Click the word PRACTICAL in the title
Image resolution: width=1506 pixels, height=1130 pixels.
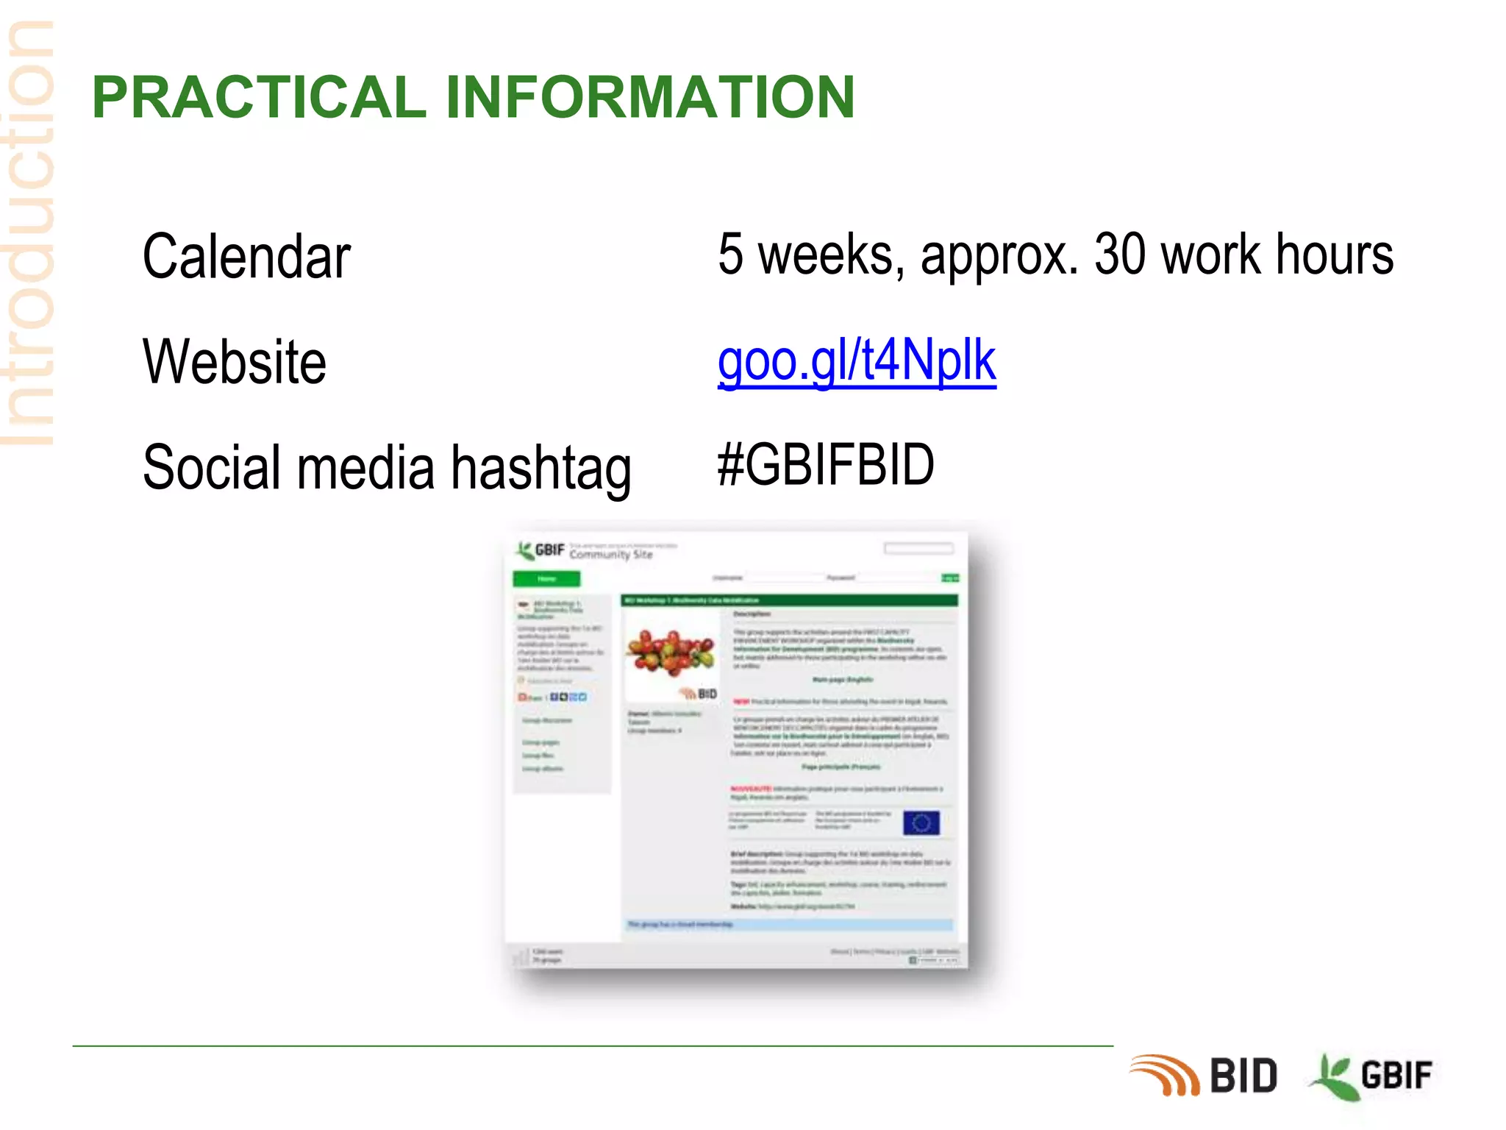(259, 97)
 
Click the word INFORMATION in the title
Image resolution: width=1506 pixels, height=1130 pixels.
(650, 97)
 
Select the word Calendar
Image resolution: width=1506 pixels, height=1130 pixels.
(246, 257)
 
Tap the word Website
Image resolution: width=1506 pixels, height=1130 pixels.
(235, 362)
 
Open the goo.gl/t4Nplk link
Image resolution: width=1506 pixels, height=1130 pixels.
(857, 360)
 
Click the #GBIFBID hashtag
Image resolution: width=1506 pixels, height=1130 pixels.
(826, 465)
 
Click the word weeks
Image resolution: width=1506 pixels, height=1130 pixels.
(825, 255)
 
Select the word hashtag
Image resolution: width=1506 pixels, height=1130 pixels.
(541, 469)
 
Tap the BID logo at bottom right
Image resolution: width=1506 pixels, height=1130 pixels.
(1206, 1076)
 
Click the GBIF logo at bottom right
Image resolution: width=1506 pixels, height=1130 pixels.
(1372, 1076)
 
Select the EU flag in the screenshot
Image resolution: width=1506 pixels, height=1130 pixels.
(921, 822)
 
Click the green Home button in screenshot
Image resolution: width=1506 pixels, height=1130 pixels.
(546, 578)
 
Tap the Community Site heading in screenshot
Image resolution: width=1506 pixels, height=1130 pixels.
(610, 554)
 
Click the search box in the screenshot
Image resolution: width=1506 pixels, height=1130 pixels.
(918, 548)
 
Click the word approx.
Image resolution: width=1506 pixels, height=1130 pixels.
(999, 255)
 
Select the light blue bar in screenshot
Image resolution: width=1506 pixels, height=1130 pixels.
(788, 924)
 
